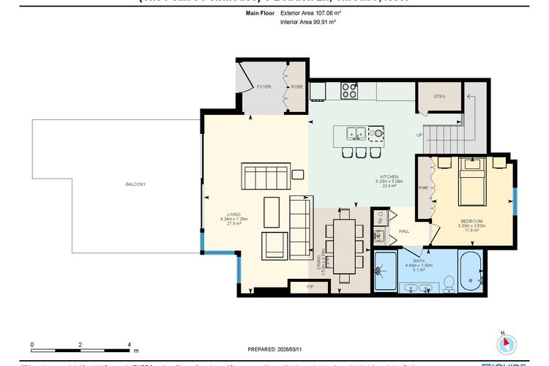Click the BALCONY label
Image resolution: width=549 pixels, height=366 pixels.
coord(135,184)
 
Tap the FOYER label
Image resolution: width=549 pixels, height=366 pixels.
coord(264,87)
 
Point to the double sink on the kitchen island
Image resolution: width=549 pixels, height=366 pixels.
coord(357,133)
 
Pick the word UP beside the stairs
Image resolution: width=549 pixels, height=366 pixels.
coord(419,135)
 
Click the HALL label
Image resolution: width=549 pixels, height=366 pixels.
coord(403,231)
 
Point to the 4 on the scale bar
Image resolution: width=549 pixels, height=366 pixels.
coord(129,343)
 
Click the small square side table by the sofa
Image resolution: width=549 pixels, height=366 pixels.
coord(299,174)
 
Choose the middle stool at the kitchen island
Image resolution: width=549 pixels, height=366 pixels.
coord(359,152)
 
